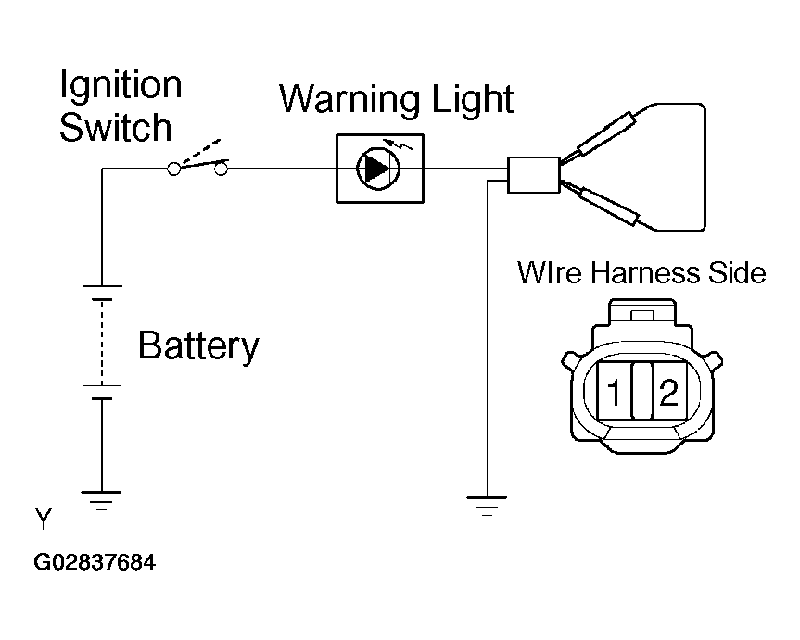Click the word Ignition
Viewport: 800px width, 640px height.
pos(121,86)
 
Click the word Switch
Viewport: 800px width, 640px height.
pos(115,127)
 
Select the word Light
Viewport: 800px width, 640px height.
pos(473,99)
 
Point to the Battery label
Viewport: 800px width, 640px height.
pos(198,346)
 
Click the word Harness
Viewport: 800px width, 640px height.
pos(644,273)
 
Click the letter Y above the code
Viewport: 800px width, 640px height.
pos(44,519)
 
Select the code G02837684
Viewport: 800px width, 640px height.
pos(95,562)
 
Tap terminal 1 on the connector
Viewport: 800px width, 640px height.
pos(614,392)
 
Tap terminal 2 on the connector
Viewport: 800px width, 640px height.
pos(669,392)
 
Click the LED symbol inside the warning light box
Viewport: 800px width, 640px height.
pos(378,169)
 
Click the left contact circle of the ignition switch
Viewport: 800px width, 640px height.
pos(174,169)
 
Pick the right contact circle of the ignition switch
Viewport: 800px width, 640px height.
pos(221,169)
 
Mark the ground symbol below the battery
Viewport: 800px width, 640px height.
pos(101,500)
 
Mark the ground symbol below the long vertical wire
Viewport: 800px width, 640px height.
pos(487,506)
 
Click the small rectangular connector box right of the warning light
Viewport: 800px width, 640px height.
pos(533,175)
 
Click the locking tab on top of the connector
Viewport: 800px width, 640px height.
pos(641,315)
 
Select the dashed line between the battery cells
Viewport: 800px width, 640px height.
pos(102,342)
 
